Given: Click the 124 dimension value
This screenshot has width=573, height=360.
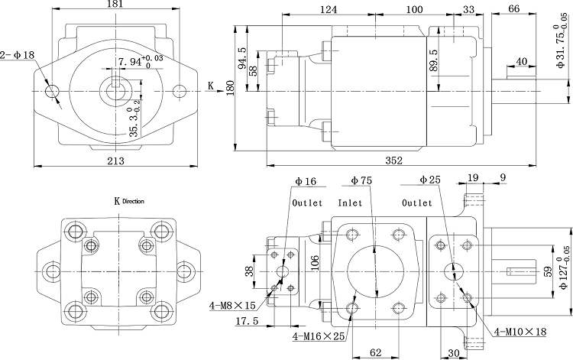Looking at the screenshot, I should (329, 10).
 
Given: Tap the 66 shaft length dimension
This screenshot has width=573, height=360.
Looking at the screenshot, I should (513, 8).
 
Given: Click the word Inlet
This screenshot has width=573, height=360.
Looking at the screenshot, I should (350, 204).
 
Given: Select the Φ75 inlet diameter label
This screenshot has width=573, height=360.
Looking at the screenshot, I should (361, 180).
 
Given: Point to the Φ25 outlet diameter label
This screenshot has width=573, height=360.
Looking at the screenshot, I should (430, 180).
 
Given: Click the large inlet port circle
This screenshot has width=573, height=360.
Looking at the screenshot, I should (374, 273).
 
